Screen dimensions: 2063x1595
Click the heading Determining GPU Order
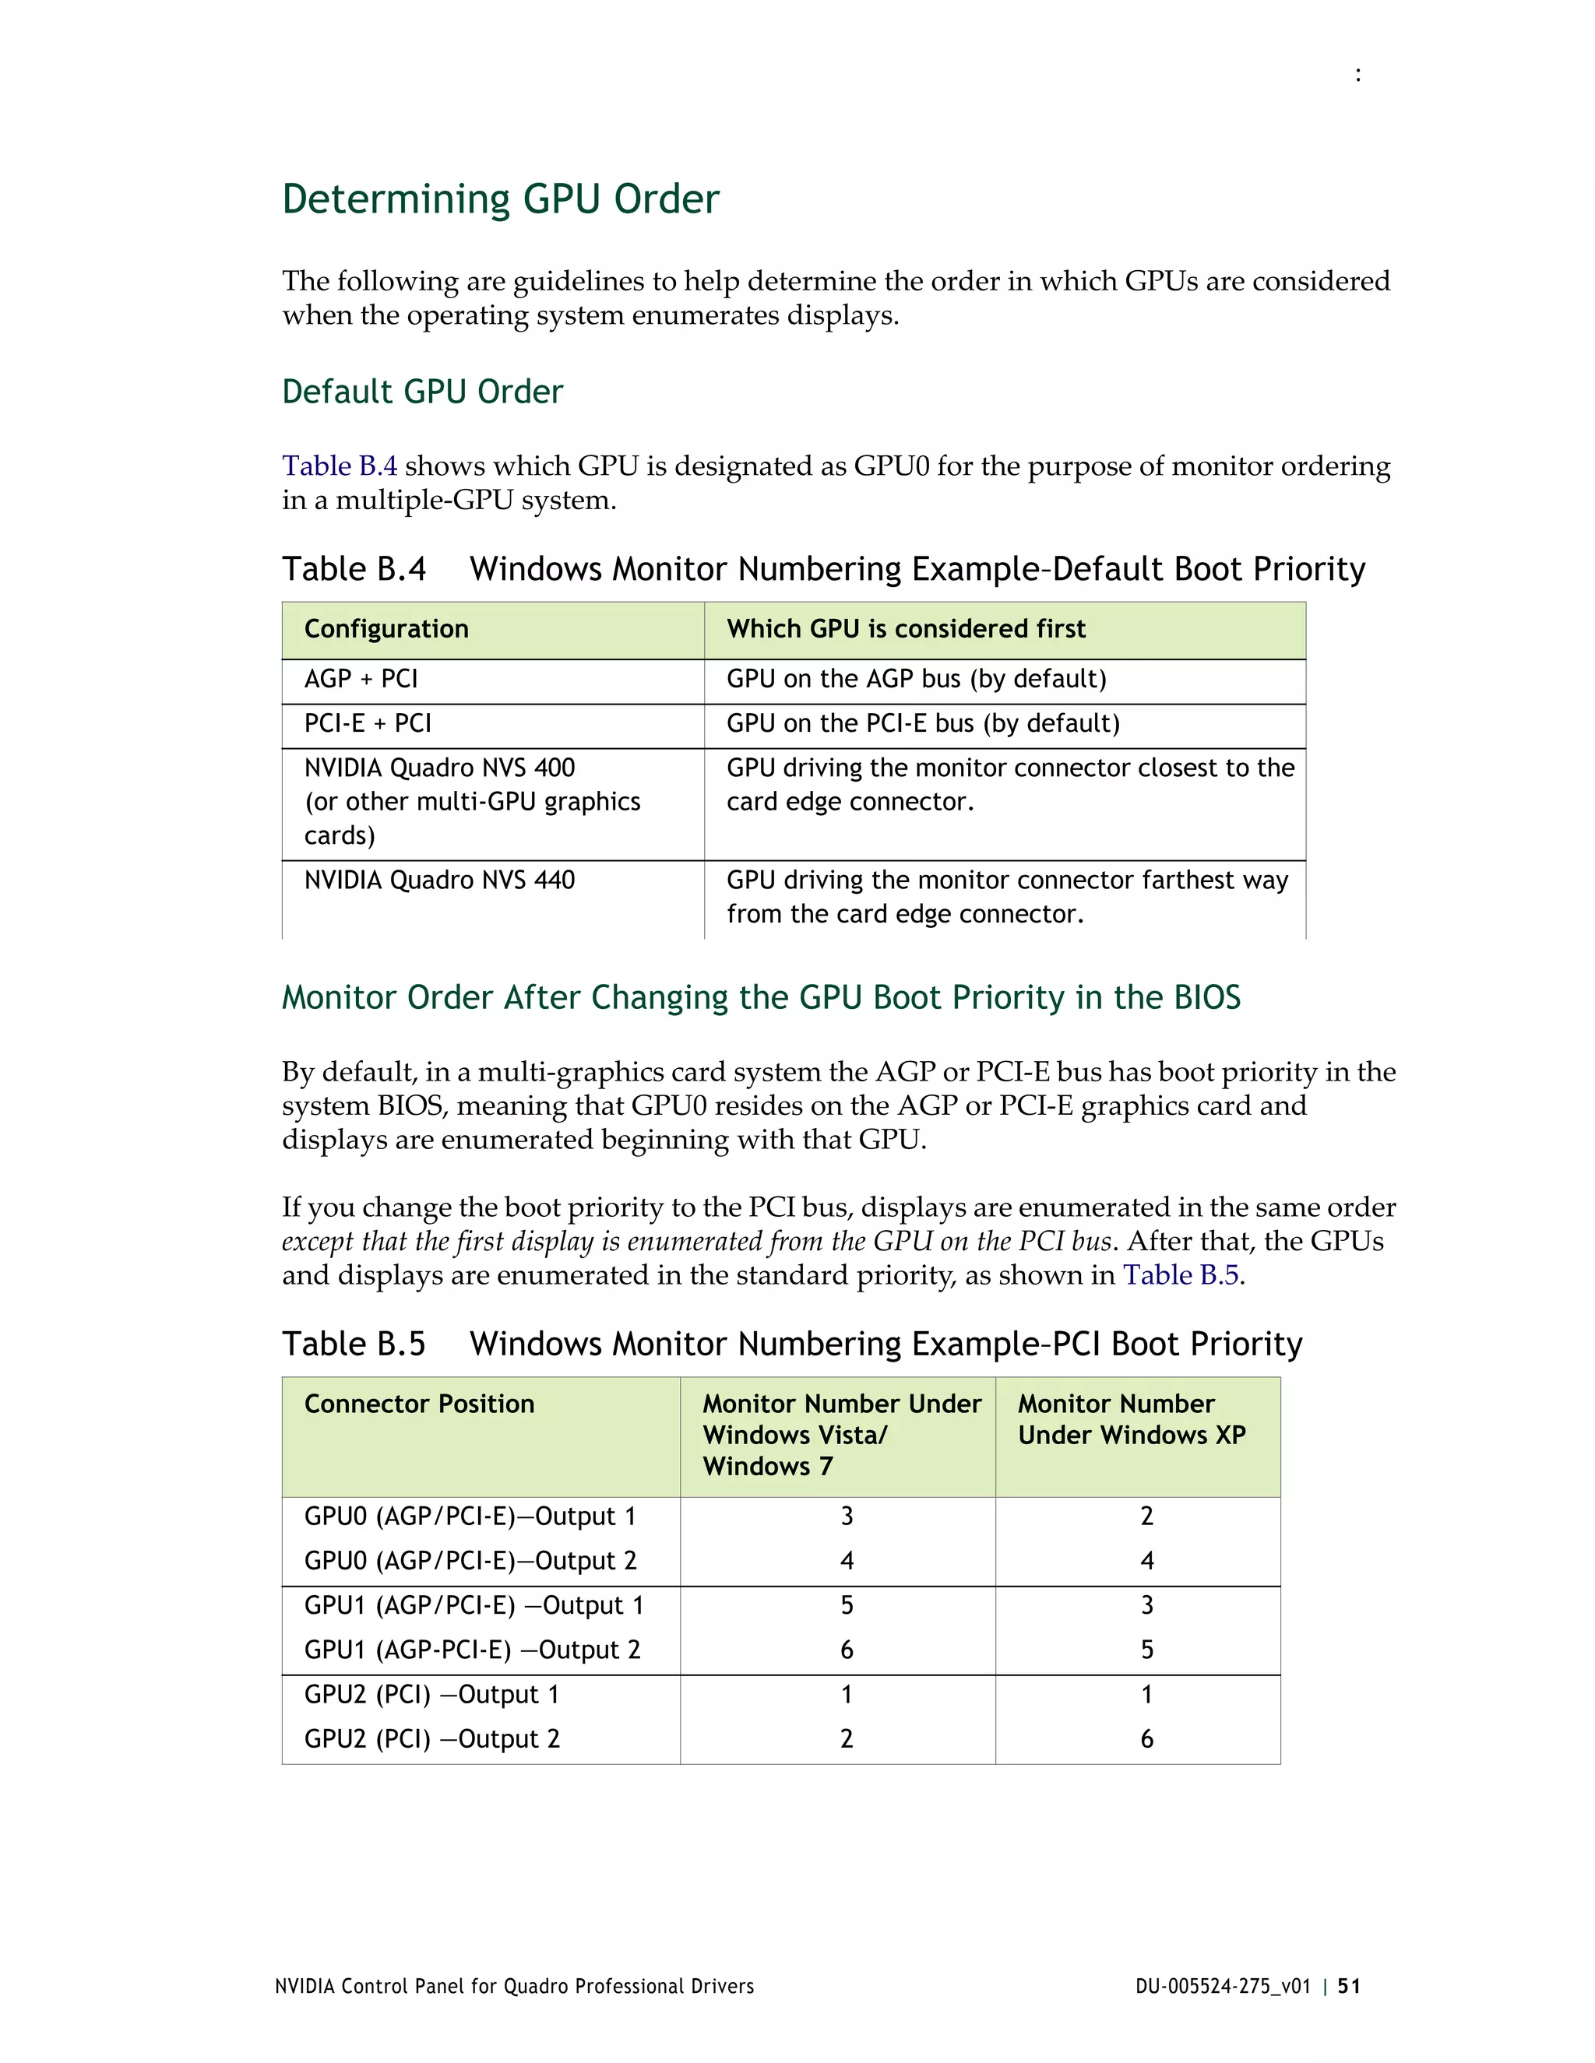[x=500, y=199]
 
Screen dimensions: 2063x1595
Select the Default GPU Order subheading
[x=421, y=391]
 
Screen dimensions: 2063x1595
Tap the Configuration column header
[x=386, y=629]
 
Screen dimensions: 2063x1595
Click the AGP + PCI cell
[x=360, y=679]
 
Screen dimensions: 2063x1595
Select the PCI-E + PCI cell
[x=367, y=723]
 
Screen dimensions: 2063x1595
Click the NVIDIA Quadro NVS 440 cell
[x=439, y=880]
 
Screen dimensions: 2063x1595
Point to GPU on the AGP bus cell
[x=916, y=679]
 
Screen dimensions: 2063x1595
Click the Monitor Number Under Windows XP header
[x=1131, y=1420]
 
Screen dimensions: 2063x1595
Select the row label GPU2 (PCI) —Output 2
[x=431, y=1739]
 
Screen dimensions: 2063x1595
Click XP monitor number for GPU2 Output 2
[x=1146, y=1739]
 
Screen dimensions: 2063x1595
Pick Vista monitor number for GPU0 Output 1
[x=847, y=1516]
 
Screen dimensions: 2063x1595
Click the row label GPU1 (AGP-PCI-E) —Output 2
[x=471, y=1650]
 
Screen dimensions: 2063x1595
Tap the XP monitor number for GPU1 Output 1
[x=1146, y=1605]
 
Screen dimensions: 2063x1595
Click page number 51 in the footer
[x=1350, y=1987]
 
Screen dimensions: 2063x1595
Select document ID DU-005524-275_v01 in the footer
[x=1223, y=1987]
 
